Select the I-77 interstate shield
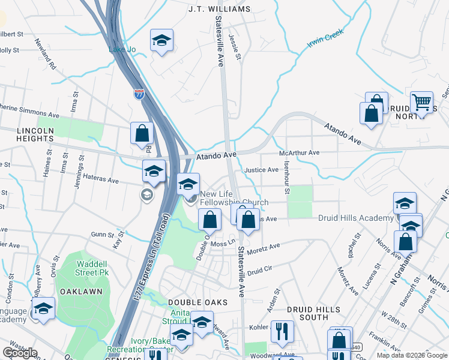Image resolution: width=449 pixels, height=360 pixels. pos(139,94)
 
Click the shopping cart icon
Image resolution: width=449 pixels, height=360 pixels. pos(422,103)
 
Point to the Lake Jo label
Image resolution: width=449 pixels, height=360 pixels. pos(120,50)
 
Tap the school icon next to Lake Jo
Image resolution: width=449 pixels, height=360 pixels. pos(161,41)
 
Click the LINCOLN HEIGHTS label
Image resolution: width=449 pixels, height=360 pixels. pos(27,134)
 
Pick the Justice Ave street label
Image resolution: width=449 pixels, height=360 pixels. pos(261,170)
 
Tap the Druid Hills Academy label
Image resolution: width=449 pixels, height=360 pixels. pos(355,218)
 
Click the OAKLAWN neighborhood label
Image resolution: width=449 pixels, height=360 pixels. pos(81,291)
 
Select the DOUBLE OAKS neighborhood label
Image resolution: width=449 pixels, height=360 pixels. pos(190,303)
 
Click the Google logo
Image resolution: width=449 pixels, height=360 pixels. pos(20,353)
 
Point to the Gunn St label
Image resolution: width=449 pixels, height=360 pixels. pos(102,235)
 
